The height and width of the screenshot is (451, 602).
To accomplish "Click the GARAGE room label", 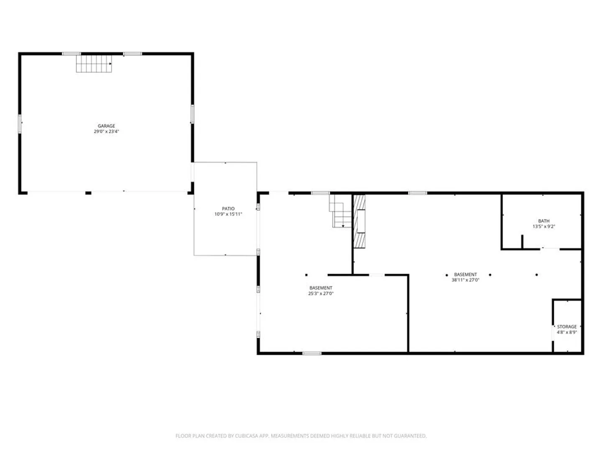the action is (x=106, y=126).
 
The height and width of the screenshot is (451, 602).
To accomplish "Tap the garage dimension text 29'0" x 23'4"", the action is (x=106, y=131).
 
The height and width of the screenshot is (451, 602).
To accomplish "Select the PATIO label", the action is (x=228, y=209).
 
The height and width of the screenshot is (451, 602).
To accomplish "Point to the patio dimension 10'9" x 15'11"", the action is (x=228, y=214).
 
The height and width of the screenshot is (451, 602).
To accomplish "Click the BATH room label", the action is (x=543, y=221).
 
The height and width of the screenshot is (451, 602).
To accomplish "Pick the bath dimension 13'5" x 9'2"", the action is (x=543, y=226).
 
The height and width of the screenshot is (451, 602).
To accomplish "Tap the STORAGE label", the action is (x=566, y=327).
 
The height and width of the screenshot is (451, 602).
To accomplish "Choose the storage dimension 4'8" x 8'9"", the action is (x=566, y=332).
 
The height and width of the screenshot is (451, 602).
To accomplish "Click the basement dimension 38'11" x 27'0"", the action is (x=465, y=280).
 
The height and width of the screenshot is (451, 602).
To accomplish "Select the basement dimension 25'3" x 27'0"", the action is (x=321, y=294).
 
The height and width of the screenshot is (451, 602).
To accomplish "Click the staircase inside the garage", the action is (x=94, y=63).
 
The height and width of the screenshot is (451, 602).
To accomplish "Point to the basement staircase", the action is (x=340, y=211).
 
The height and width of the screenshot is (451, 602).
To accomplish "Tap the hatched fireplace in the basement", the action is (x=359, y=221).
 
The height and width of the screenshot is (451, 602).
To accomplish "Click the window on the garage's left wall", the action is (x=20, y=124).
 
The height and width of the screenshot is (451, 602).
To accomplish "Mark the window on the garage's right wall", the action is (x=192, y=114).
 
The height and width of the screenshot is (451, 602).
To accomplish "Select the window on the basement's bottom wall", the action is (x=312, y=354).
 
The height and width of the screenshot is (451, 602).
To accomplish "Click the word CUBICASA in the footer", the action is (x=245, y=436).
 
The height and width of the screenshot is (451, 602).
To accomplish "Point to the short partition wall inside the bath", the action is (x=522, y=242).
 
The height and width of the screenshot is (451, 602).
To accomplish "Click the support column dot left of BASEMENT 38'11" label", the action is (x=447, y=275).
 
